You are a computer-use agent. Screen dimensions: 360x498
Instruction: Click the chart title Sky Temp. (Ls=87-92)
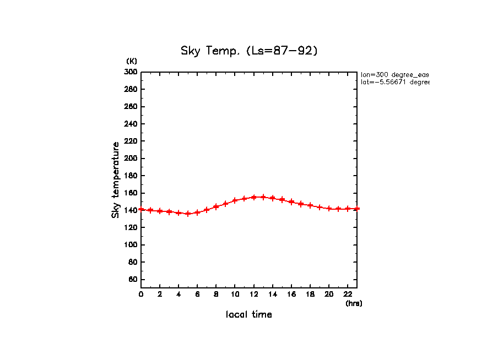tap(250, 51)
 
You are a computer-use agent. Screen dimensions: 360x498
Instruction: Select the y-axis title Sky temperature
tap(116, 180)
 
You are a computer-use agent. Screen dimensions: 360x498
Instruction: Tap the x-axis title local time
tap(249, 315)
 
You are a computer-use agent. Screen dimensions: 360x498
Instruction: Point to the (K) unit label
tap(132, 61)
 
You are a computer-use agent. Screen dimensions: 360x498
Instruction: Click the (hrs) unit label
tap(354, 303)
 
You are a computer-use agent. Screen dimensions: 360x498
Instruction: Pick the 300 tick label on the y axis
tap(131, 72)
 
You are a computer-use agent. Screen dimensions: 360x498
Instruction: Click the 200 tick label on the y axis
tap(131, 159)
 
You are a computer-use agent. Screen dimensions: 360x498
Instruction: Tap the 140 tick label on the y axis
tap(131, 210)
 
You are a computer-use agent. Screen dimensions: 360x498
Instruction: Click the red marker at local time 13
tap(263, 197)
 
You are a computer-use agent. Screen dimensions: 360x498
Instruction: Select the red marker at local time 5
tap(188, 214)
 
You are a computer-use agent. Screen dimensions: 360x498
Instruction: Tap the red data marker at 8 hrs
tap(216, 207)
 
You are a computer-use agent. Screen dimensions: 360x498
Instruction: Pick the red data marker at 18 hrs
tap(310, 205)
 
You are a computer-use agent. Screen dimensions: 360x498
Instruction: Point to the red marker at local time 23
tap(357, 209)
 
